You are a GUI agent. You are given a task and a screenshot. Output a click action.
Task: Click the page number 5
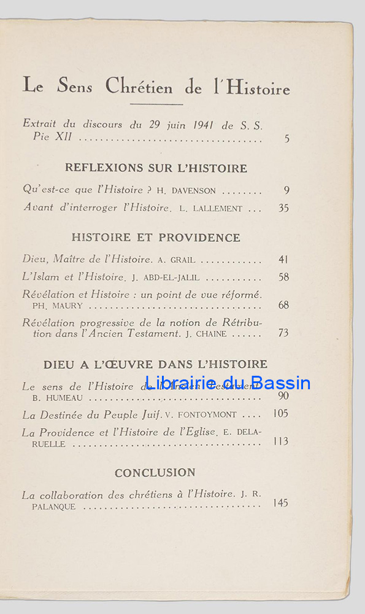click(x=286, y=139)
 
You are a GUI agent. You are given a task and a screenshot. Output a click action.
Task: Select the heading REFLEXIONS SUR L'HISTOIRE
click(x=156, y=168)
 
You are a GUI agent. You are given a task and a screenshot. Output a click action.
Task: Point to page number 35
click(x=283, y=208)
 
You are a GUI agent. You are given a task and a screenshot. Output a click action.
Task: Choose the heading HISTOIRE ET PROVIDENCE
click(x=156, y=237)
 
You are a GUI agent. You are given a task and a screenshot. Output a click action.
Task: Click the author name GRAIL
click(x=182, y=260)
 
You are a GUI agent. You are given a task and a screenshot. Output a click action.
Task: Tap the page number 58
click(x=283, y=277)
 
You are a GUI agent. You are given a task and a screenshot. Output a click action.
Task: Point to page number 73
click(x=283, y=333)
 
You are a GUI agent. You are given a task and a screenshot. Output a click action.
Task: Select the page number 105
click(x=280, y=414)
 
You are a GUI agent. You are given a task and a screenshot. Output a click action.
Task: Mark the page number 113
click(x=280, y=441)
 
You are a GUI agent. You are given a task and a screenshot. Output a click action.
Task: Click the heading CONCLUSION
click(x=155, y=473)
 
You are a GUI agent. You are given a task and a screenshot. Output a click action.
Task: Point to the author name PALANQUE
click(x=54, y=507)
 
